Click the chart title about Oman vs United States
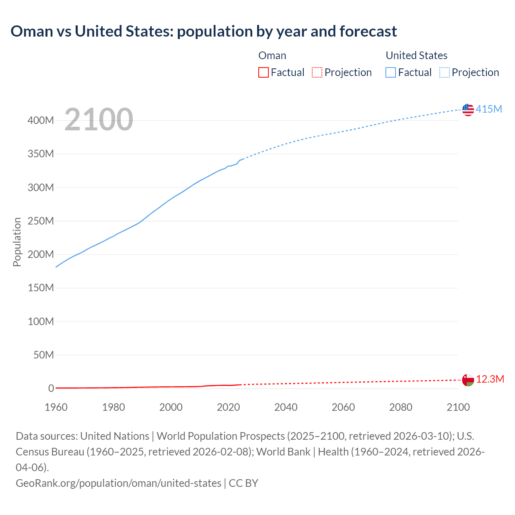coord(204,31)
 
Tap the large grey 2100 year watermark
coord(99,119)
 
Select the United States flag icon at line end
coord(468,109)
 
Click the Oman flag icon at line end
coord(468,380)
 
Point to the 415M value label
coord(489,109)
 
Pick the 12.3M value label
coord(490,379)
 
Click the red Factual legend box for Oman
coord(264,72)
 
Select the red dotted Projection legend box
coord(317,72)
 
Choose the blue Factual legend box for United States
coord(391,72)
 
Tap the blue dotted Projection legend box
coord(445,72)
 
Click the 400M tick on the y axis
coord(41,120)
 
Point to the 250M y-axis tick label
coord(41,221)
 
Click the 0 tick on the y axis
coord(51,388)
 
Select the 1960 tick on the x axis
coord(56,407)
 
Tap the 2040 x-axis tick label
coord(286,407)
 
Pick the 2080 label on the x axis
coord(401,407)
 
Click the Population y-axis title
coord(17,242)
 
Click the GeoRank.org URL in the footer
coord(118,483)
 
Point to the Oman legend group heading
coord(272,56)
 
